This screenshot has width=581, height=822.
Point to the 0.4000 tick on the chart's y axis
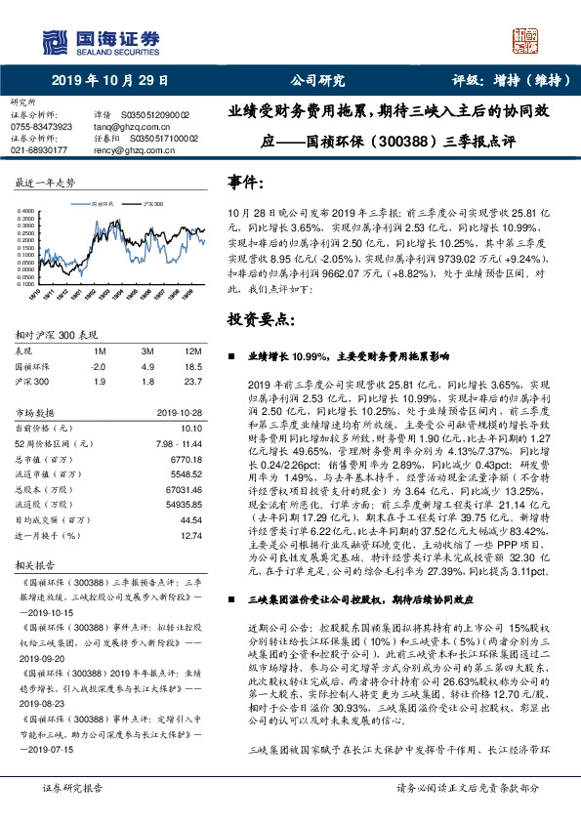pos(27,210)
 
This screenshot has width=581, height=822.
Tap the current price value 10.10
pos(190,427)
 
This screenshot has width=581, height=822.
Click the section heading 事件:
pos(244,182)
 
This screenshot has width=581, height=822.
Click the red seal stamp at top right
pos(526,41)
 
